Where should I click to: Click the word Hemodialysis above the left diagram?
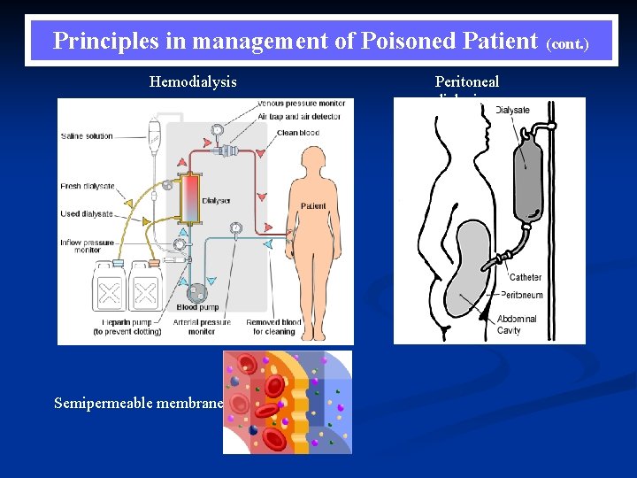[x=193, y=82]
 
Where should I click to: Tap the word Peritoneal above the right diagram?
[x=466, y=82]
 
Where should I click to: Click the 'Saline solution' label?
[x=87, y=136]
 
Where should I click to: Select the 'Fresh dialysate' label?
[x=88, y=186]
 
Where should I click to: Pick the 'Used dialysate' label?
[x=88, y=213]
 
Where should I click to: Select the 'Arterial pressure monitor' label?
[x=202, y=327]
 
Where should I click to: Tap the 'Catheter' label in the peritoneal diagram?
[x=525, y=277]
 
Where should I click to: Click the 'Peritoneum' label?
[x=522, y=295]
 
